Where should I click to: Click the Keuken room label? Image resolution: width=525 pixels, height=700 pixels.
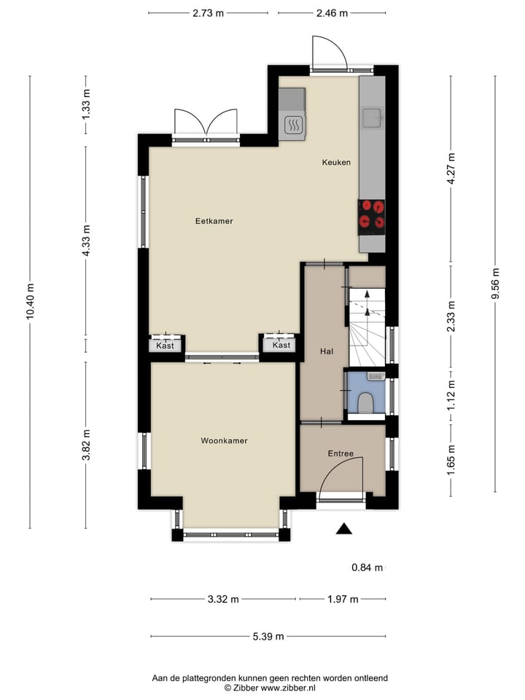coord(336,163)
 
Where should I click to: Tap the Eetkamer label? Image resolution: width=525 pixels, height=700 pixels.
coord(214,221)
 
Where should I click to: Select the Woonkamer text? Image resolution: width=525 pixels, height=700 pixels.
coord(224,440)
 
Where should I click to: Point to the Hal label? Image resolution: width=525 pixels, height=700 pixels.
coord(326,351)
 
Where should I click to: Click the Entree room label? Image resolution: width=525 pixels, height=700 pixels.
coord(340,454)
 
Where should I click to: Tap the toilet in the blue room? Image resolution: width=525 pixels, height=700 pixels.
coord(366,402)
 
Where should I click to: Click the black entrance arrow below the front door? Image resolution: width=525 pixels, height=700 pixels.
coord(343,529)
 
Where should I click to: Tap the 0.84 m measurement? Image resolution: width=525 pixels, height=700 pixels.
coord(367,567)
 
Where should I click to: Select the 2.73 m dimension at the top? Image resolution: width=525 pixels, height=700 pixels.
coord(208,13)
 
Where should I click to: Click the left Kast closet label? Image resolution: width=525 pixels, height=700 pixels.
coord(166,346)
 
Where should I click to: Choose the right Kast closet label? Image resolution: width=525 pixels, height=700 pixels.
coord(281,346)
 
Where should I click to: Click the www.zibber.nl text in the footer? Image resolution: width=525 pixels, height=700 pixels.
coord(289,687)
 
